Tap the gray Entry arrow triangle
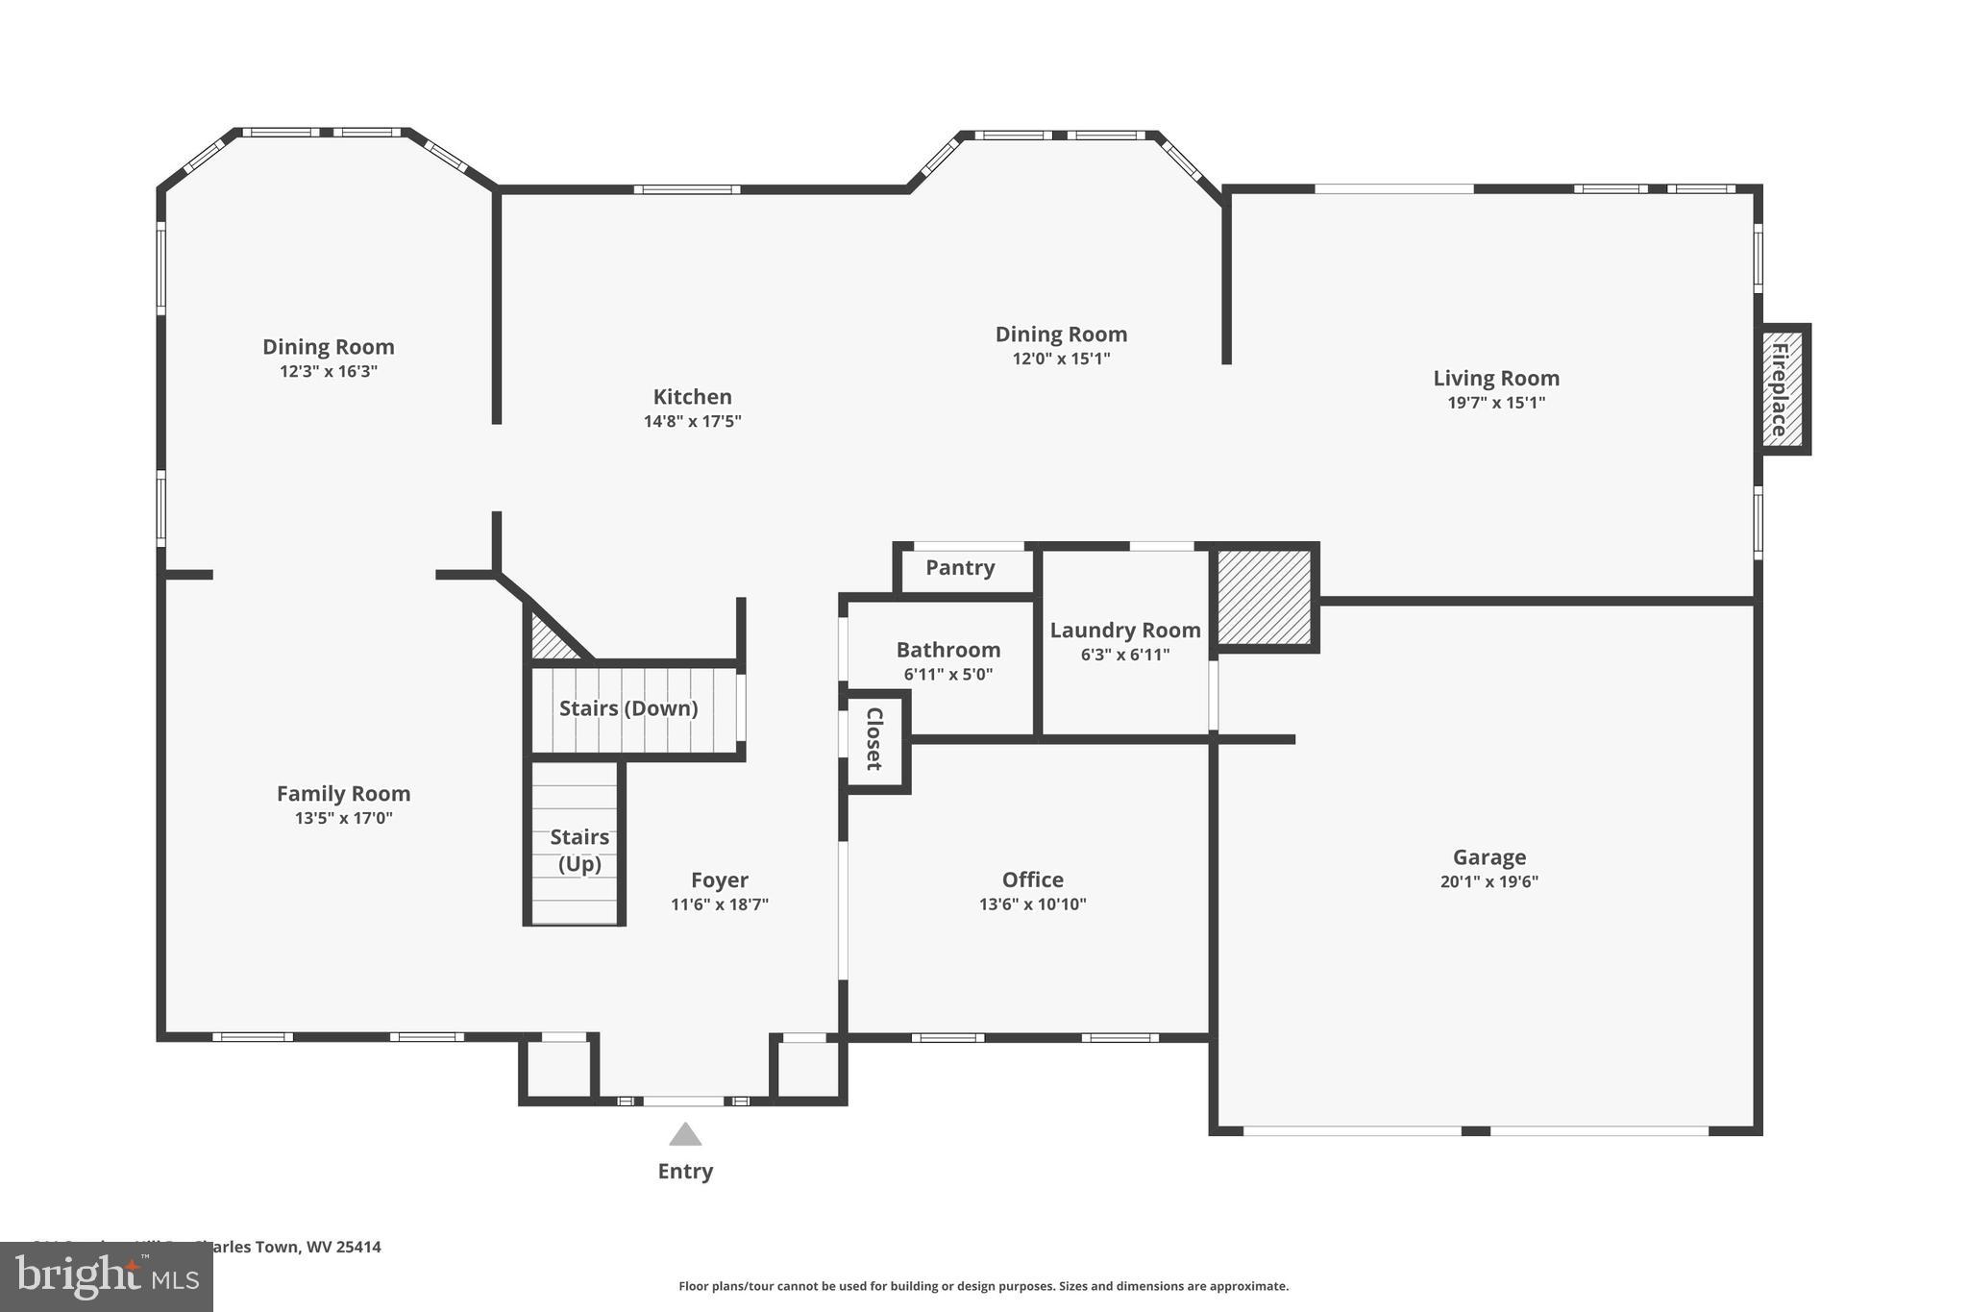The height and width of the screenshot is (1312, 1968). tap(685, 1136)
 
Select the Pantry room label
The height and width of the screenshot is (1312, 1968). tap(960, 568)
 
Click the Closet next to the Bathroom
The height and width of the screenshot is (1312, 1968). tap(874, 739)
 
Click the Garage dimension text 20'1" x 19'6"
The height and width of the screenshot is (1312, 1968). tap(1488, 881)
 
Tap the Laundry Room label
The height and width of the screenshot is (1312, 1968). tap(1124, 631)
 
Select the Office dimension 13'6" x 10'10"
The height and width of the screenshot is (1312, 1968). tap(1032, 904)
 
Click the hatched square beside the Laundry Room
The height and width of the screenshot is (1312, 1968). tap(1264, 597)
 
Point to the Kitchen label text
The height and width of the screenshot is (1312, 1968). tap(692, 397)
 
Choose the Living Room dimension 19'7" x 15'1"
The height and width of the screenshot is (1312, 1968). tap(1495, 403)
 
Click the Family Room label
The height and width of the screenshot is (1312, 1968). tap(343, 794)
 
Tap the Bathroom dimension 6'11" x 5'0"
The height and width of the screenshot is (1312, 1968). tap(947, 675)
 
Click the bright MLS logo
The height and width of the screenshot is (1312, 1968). tap(107, 1277)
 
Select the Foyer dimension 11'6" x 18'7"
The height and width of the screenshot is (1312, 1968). tap(719, 904)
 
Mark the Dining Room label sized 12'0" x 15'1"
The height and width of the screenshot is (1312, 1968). tap(1061, 334)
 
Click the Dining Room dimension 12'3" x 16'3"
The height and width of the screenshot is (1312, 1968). tap(329, 372)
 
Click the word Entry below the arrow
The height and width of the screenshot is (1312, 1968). tap(685, 1172)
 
